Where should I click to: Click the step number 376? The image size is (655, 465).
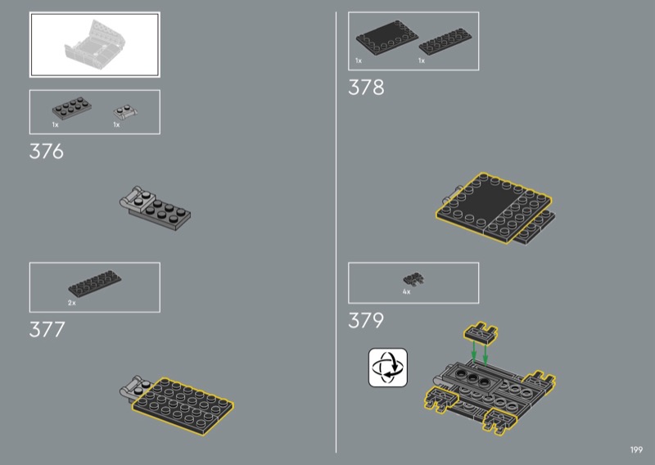click(x=47, y=151)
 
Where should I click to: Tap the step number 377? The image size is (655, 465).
click(x=47, y=330)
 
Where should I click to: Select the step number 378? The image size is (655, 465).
click(x=366, y=88)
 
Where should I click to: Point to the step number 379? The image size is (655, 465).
click(x=366, y=320)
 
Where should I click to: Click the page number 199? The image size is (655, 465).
click(x=636, y=449)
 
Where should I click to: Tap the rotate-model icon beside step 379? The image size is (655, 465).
click(x=387, y=368)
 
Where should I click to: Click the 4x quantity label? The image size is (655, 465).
click(x=406, y=291)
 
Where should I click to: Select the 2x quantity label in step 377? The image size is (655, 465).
click(x=72, y=302)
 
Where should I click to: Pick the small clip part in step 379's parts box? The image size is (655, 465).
click(x=413, y=279)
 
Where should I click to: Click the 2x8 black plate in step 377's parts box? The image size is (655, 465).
click(x=95, y=283)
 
